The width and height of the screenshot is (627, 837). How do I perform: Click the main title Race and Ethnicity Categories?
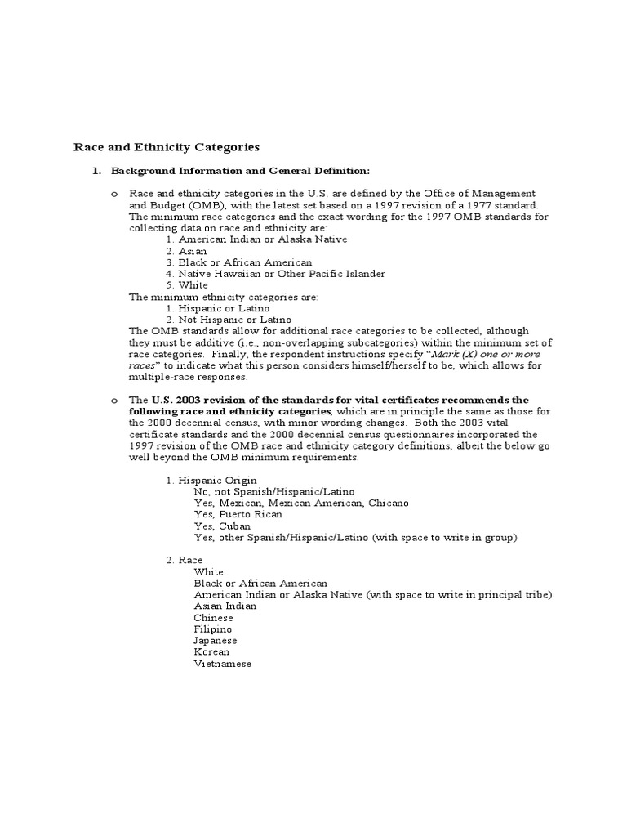point(167,147)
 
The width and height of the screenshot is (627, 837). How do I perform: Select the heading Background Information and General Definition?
point(240,171)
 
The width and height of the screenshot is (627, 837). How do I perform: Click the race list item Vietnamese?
point(223,664)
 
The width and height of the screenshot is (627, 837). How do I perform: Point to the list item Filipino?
point(213,629)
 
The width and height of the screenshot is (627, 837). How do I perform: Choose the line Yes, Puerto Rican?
point(238,515)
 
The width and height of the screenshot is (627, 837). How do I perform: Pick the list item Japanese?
point(216,641)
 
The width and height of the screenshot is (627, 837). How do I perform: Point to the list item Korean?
point(212,652)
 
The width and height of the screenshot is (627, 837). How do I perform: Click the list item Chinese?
point(214,618)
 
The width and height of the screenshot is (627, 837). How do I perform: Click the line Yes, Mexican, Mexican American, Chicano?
point(301,504)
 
